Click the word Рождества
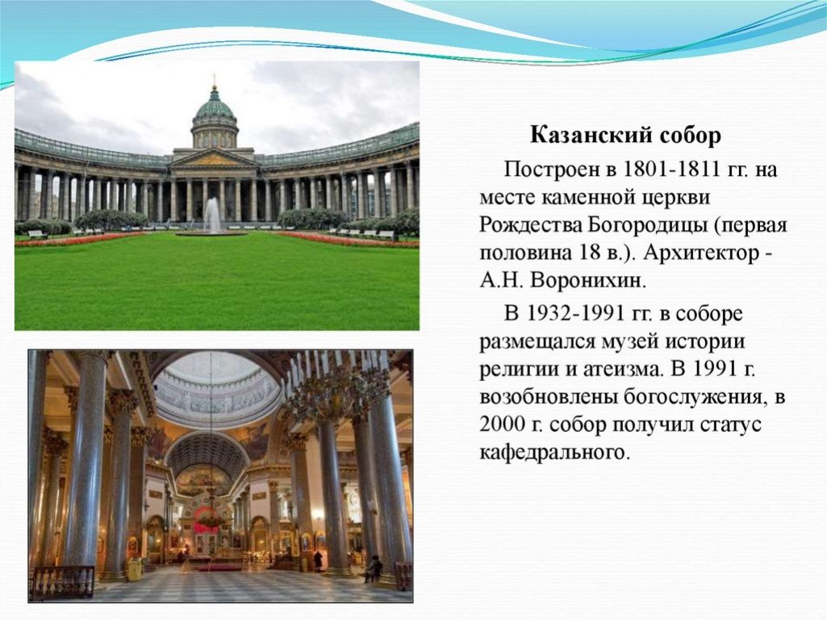[x=531, y=225]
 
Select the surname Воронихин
[x=587, y=280]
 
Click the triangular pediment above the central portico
[x=214, y=157]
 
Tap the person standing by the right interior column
[x=373, y=568]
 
